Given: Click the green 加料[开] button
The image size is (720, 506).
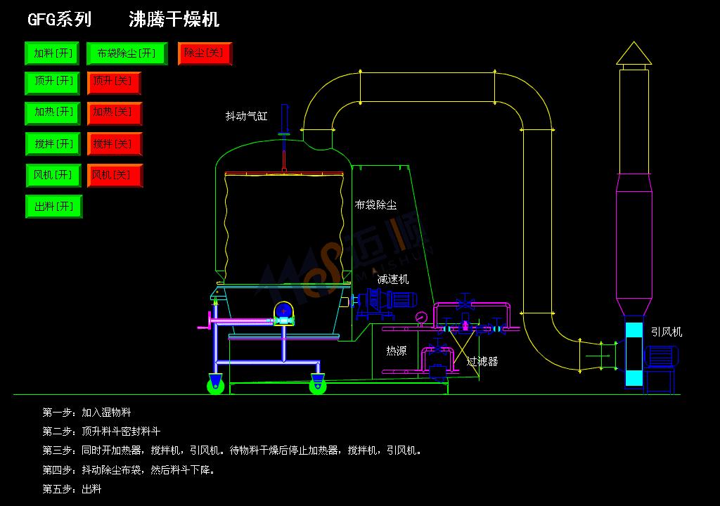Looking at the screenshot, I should tap(53, 53).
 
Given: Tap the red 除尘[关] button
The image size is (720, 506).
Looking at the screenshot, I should tap(205, 53).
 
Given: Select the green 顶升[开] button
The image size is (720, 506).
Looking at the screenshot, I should tap(53, 82).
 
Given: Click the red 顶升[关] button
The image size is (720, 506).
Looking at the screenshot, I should tap(115, 82).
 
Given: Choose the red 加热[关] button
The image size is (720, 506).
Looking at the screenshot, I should tap(115, 112).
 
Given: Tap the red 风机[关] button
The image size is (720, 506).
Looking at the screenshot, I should tap(115, 175).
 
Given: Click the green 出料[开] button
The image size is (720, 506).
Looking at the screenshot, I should tap(53, 207).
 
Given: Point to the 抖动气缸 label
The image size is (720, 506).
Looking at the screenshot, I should tap(246, 116).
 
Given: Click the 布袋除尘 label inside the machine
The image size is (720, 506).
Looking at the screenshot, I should tap(375, 205).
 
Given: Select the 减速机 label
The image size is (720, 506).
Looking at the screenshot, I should tap(392, 279).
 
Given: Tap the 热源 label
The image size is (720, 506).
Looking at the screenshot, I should tap(396, 350).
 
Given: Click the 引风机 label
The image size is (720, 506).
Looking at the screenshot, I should tap(666, 332).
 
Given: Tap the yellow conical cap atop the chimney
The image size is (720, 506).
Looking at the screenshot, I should tap(634, 54).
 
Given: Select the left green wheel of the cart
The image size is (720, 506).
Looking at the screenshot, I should tap(215, 384).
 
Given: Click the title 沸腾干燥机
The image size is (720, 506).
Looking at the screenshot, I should tap(174, 19).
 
